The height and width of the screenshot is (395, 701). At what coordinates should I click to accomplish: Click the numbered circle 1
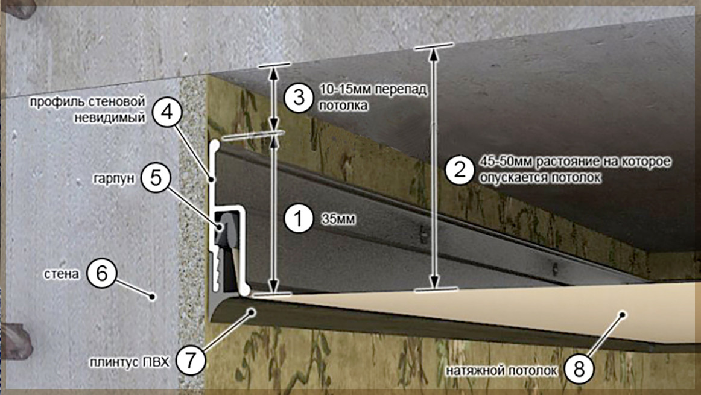299,219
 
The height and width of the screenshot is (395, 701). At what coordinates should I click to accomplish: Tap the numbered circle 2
460,170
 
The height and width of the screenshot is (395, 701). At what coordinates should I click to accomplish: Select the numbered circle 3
299,97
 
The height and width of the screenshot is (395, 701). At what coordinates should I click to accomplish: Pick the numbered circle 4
167,112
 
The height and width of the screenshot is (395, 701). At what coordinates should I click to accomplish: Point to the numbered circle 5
156,178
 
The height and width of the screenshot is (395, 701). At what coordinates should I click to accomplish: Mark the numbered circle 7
191,360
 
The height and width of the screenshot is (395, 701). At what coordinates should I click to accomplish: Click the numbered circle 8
579,369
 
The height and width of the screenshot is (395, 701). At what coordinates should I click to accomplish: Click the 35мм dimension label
338,220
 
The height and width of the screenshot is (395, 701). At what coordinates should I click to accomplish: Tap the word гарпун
113,179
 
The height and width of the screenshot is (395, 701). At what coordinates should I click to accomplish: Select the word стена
62,273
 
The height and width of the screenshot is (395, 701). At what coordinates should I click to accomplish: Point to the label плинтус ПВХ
130,361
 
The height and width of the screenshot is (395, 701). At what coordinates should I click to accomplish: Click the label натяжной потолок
501,371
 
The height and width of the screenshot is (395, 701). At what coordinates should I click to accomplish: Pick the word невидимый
110,118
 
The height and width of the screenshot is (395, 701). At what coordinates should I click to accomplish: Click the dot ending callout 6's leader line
153,296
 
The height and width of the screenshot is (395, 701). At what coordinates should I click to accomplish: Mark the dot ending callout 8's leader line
622,314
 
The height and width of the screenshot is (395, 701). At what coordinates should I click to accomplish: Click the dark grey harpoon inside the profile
223,228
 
